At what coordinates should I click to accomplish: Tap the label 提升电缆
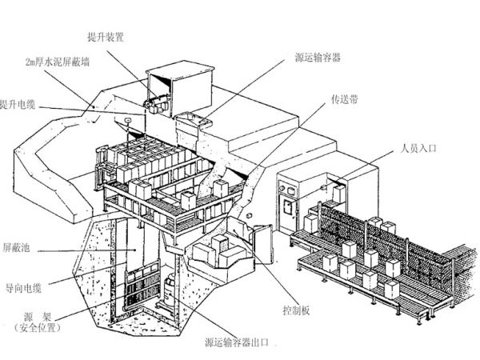(x=23, y=103)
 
